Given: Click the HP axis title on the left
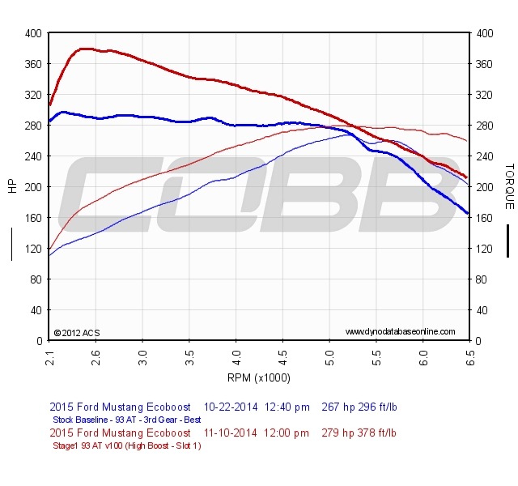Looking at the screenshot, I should pos(11,186).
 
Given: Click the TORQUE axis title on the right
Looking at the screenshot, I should pos(509,186).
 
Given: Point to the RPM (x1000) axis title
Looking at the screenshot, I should pos(259,377).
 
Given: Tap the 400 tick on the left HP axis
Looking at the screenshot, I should pos(32,33).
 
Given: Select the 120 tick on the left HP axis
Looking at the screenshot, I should pos(32,249).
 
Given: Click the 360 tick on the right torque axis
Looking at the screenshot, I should pos(486,64).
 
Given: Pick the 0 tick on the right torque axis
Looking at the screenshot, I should pos(479,341).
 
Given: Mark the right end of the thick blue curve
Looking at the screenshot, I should pos(468,213).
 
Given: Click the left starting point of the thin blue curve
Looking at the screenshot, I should pos(49,255).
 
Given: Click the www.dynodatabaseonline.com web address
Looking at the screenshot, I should pos(400,332).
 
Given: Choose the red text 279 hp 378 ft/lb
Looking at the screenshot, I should pos(359,433).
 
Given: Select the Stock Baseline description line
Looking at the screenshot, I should pos(126,420).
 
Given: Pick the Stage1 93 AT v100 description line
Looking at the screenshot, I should pos(126,446).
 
